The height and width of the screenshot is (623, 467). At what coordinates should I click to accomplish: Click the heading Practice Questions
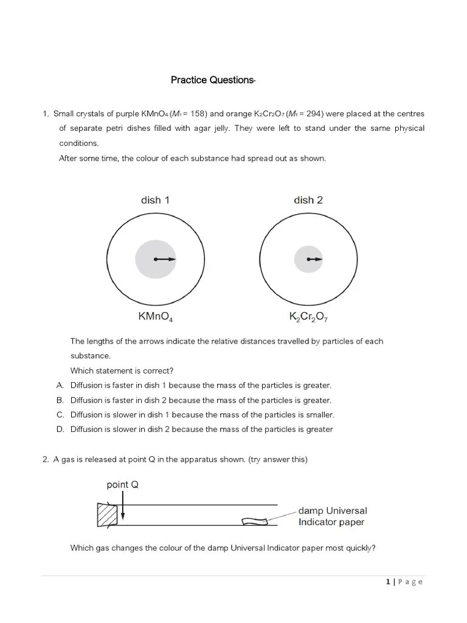(213, 80)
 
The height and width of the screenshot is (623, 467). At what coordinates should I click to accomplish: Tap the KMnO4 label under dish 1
(156, 316)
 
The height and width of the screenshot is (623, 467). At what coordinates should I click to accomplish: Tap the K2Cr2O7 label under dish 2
(308, 317)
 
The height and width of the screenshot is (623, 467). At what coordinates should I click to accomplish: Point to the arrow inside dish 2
(315, 260)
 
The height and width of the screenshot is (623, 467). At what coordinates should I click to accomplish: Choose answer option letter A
(60, 386)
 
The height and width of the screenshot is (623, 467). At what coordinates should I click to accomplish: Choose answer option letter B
(60, 400)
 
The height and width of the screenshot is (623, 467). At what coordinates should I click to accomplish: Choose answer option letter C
(60, 415)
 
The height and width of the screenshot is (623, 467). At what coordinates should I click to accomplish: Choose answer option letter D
(60, 430)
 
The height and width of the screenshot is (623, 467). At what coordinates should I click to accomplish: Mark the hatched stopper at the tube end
(106, 515)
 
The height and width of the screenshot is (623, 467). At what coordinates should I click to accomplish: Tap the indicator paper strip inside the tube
(254, 521)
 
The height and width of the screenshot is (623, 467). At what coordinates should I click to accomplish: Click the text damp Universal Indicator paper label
(333, 517)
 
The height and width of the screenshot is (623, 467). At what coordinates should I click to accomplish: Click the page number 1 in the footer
(387, 582)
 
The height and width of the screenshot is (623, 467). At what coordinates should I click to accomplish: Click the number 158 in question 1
(196, 114)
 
